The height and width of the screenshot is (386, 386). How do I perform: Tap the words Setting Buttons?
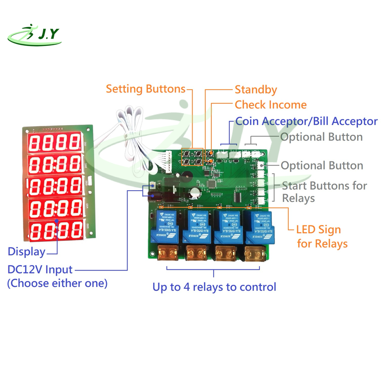coord(146,89)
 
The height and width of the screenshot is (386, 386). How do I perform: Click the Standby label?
coord(256,89)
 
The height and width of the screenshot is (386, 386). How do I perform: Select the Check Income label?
coord(271,105)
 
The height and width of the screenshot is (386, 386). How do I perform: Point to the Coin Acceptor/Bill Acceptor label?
coord(306,121)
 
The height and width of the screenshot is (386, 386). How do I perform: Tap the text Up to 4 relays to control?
coord(214,287)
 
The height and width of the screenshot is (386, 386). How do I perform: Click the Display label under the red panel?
coord(27,252)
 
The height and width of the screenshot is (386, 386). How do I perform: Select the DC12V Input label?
coord(40,269)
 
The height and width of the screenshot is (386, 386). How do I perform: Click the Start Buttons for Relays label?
coord(324,191)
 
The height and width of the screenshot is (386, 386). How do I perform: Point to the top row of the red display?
coord(55,142)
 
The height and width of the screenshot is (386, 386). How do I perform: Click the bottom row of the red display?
coord(55,230)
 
